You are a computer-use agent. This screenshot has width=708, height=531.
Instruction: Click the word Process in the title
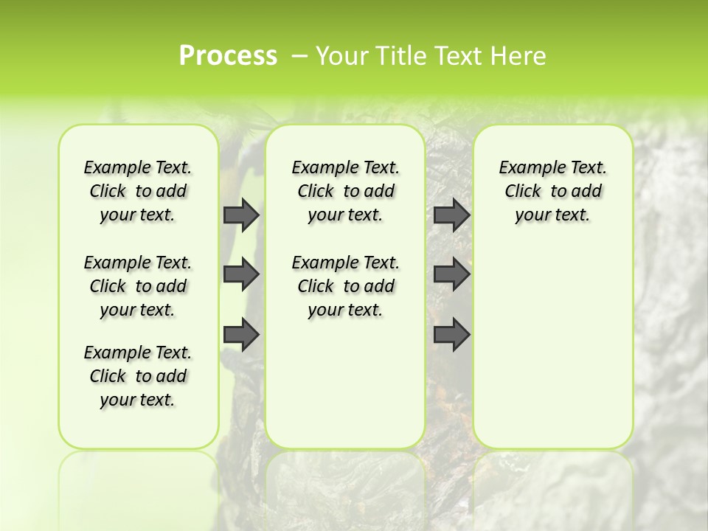[x=228, y=56]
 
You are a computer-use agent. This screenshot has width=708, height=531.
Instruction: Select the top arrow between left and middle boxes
[x=240, y=215]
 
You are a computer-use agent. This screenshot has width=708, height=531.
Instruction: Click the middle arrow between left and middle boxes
[x=240, y=274]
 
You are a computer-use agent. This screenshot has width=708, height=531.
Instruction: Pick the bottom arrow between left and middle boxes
[x=240, y=334]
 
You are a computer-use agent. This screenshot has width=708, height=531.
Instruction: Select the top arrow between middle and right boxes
[x=451, y=215]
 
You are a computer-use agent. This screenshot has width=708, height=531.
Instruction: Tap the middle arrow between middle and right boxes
[x=451, y=274]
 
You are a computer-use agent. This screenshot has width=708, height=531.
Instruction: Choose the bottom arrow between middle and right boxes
[x=451, y=334]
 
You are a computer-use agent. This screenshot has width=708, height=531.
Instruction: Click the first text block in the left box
[x=138, y=191]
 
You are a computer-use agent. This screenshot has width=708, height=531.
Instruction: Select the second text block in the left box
[x=138, y=286]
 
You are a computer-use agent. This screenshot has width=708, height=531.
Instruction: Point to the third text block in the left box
[x=138, y=376]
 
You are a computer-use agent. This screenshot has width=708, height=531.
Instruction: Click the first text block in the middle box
[x=345, y=191]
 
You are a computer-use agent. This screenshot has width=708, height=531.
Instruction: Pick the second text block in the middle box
[x=345, y=286]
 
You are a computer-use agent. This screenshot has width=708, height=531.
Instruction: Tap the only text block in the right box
[x=553, y=191]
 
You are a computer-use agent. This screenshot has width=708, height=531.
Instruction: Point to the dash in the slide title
[x=299, y=56]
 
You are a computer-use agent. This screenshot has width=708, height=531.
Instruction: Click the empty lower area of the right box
[x=553, y=354]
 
